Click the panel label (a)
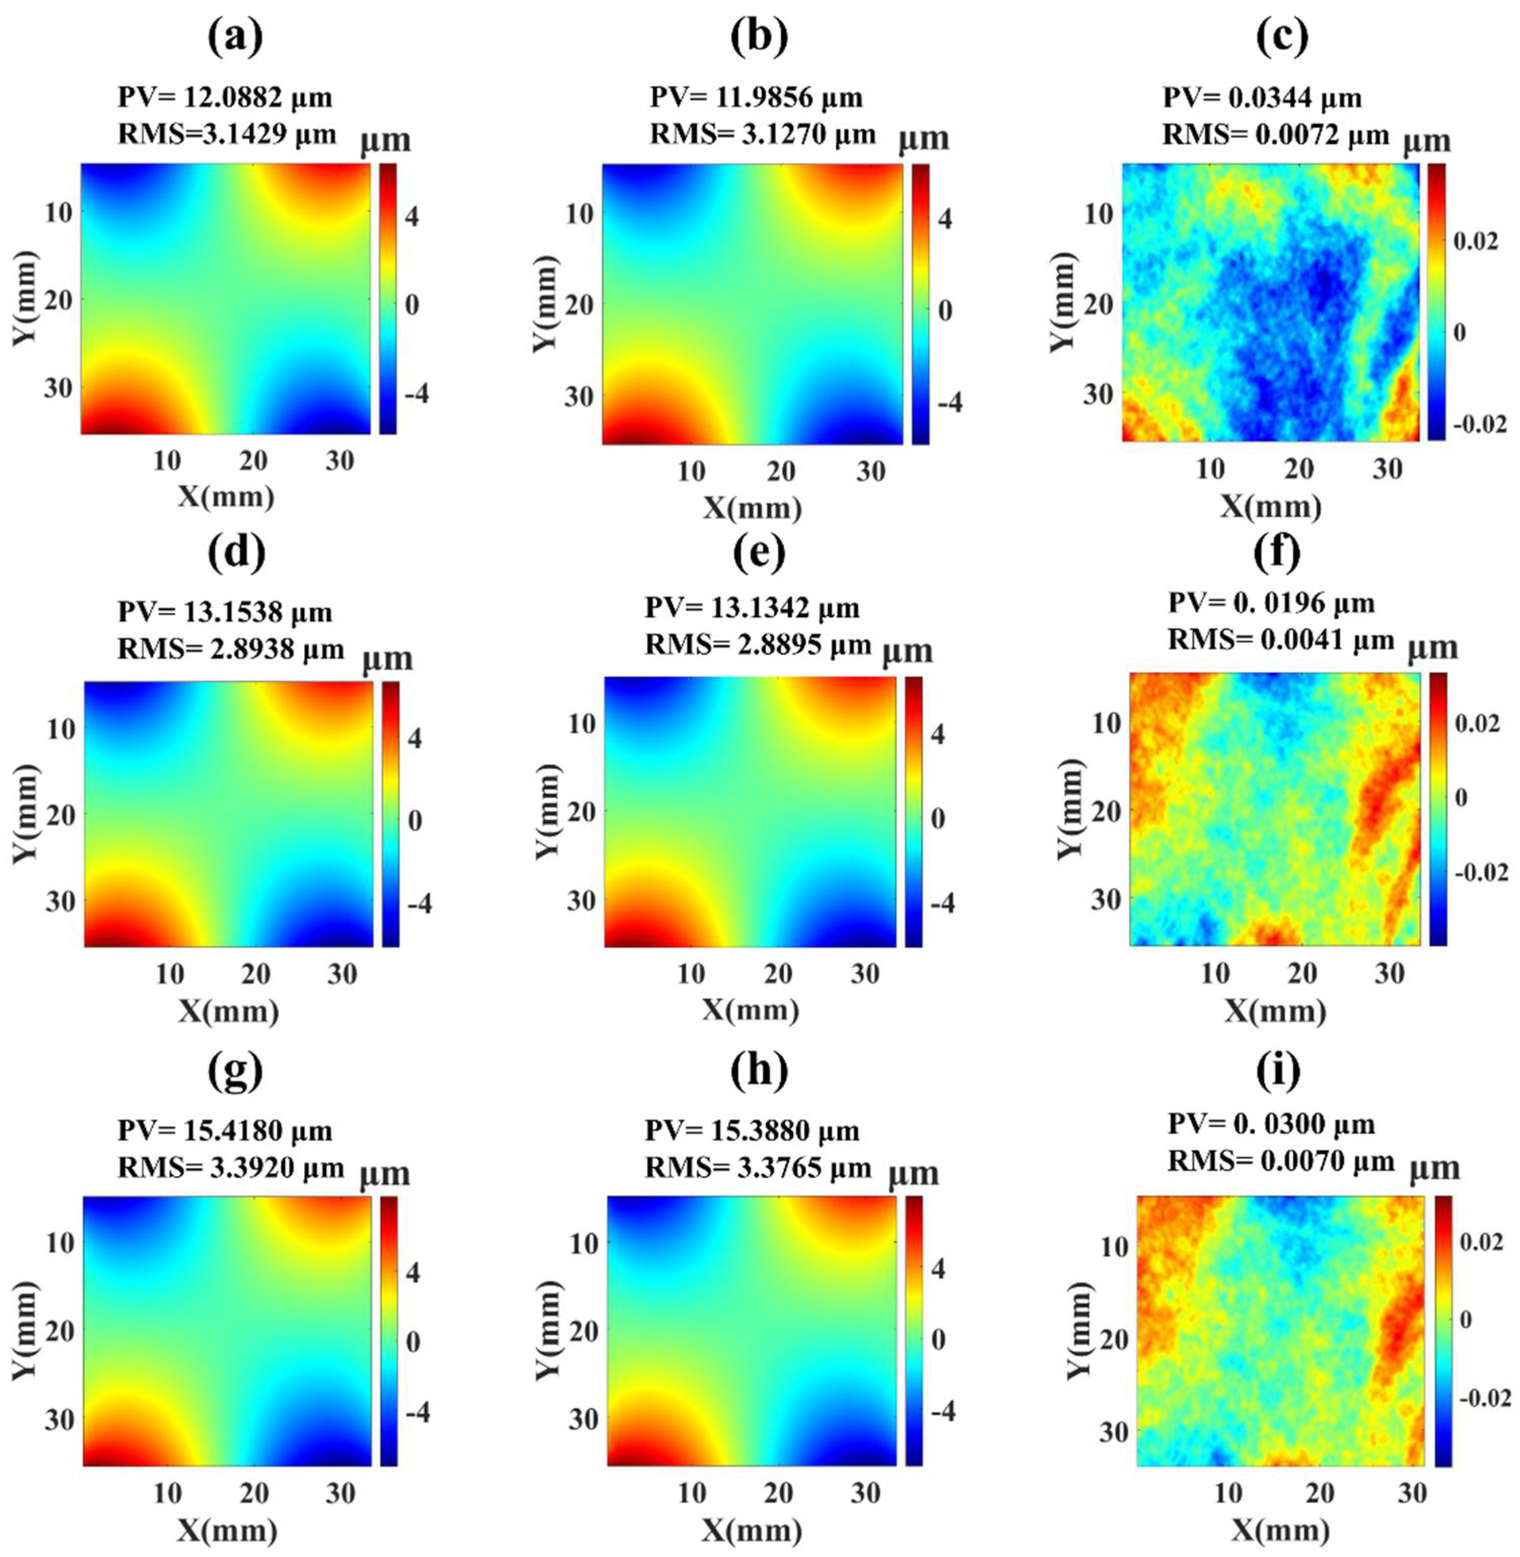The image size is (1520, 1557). [235, 37]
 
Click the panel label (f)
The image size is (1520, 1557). [1277, 552]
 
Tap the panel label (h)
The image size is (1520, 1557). [758, 1072]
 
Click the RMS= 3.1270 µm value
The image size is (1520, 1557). [762, 134]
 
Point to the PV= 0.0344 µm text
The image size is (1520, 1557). [1261, 97]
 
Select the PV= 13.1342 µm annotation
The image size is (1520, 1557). [752, 608]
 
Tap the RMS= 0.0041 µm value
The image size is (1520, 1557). [1280, 639]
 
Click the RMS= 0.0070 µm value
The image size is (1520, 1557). [1280, 1161]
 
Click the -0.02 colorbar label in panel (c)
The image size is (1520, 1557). [1479, 424]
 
